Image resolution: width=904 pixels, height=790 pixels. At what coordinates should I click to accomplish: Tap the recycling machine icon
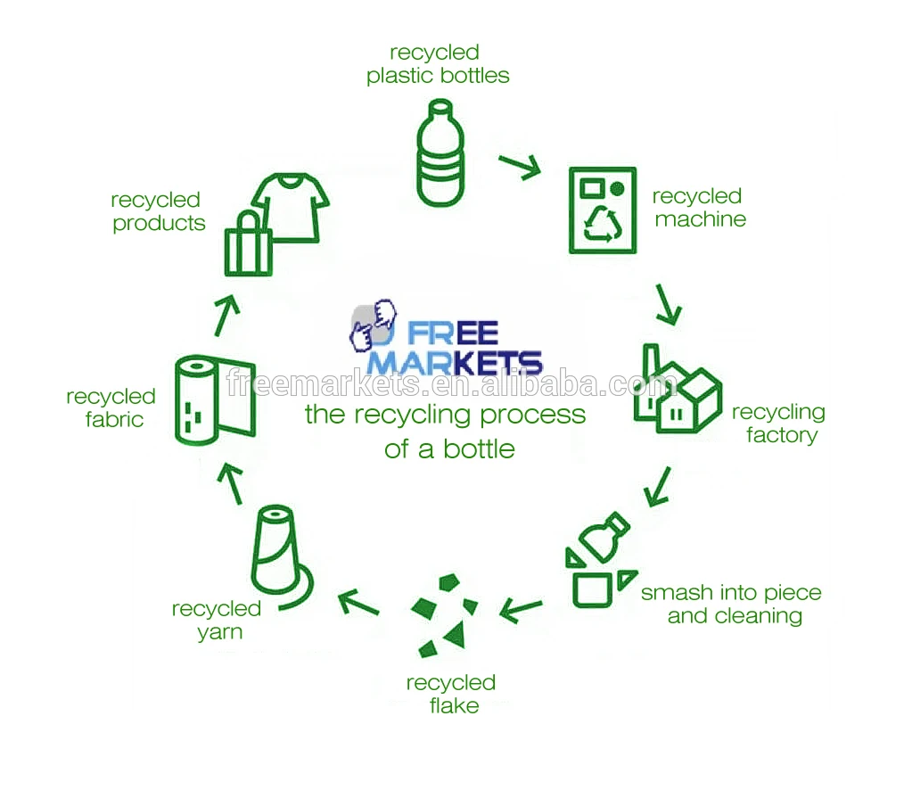click(603, 210)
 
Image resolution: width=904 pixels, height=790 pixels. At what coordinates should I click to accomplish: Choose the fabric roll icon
click(214, 400)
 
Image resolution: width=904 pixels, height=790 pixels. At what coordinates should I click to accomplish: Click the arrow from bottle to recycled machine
click(520, 166)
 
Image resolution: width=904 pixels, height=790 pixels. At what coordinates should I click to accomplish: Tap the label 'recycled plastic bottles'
click(438, 64)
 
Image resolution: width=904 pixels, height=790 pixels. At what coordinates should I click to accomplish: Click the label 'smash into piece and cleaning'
click(731, 604)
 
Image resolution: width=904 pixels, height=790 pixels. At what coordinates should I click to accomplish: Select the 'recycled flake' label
click(451, 694)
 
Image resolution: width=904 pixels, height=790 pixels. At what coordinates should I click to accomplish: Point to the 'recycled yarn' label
click(217, 620)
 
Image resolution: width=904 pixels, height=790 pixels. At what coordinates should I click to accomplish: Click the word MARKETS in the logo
click(455, 361)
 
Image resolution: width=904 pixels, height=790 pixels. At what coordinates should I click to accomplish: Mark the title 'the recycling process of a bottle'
click(446, 431)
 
